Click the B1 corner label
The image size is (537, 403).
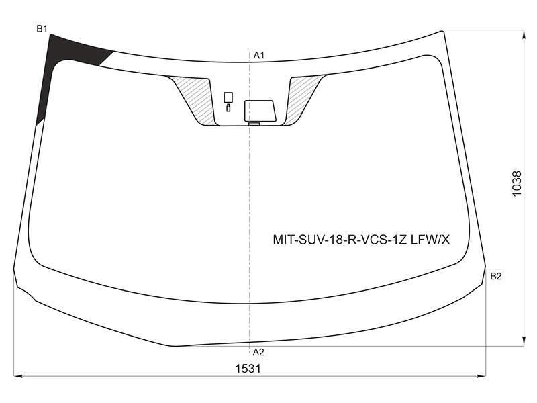[x=42, y=29]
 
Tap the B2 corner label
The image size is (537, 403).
[x=495, y=276]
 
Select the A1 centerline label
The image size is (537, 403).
[x=259, y=55]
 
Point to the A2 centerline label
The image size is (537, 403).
[x=258, y=352]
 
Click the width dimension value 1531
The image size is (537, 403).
[x=248, y=369]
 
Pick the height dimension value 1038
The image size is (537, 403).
[x=517, y=183]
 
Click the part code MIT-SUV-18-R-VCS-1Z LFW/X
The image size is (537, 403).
[x=361, y=240]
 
